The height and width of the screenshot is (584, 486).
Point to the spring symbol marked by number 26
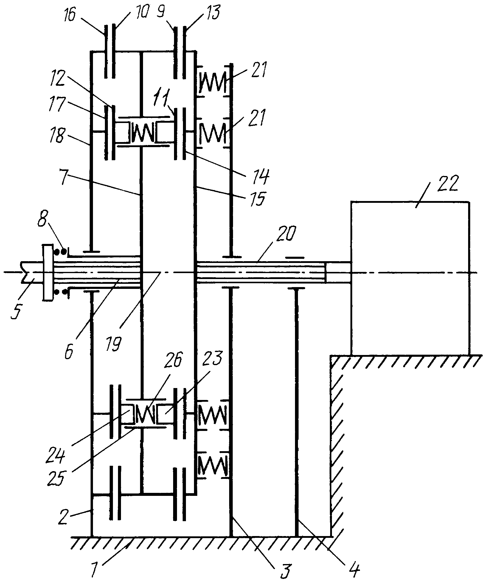pyautogui.click(x=145, y=414)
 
